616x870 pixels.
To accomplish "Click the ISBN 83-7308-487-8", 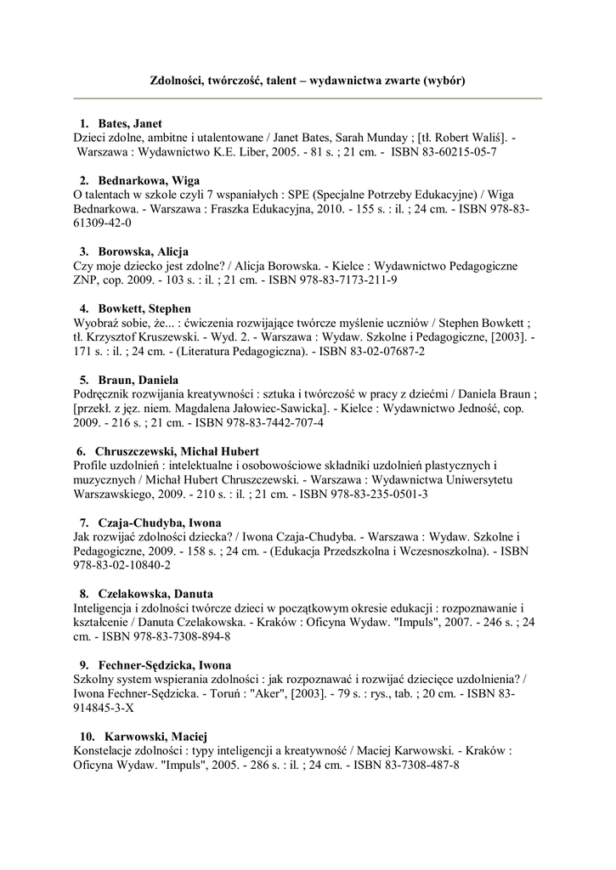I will (411, 765).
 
